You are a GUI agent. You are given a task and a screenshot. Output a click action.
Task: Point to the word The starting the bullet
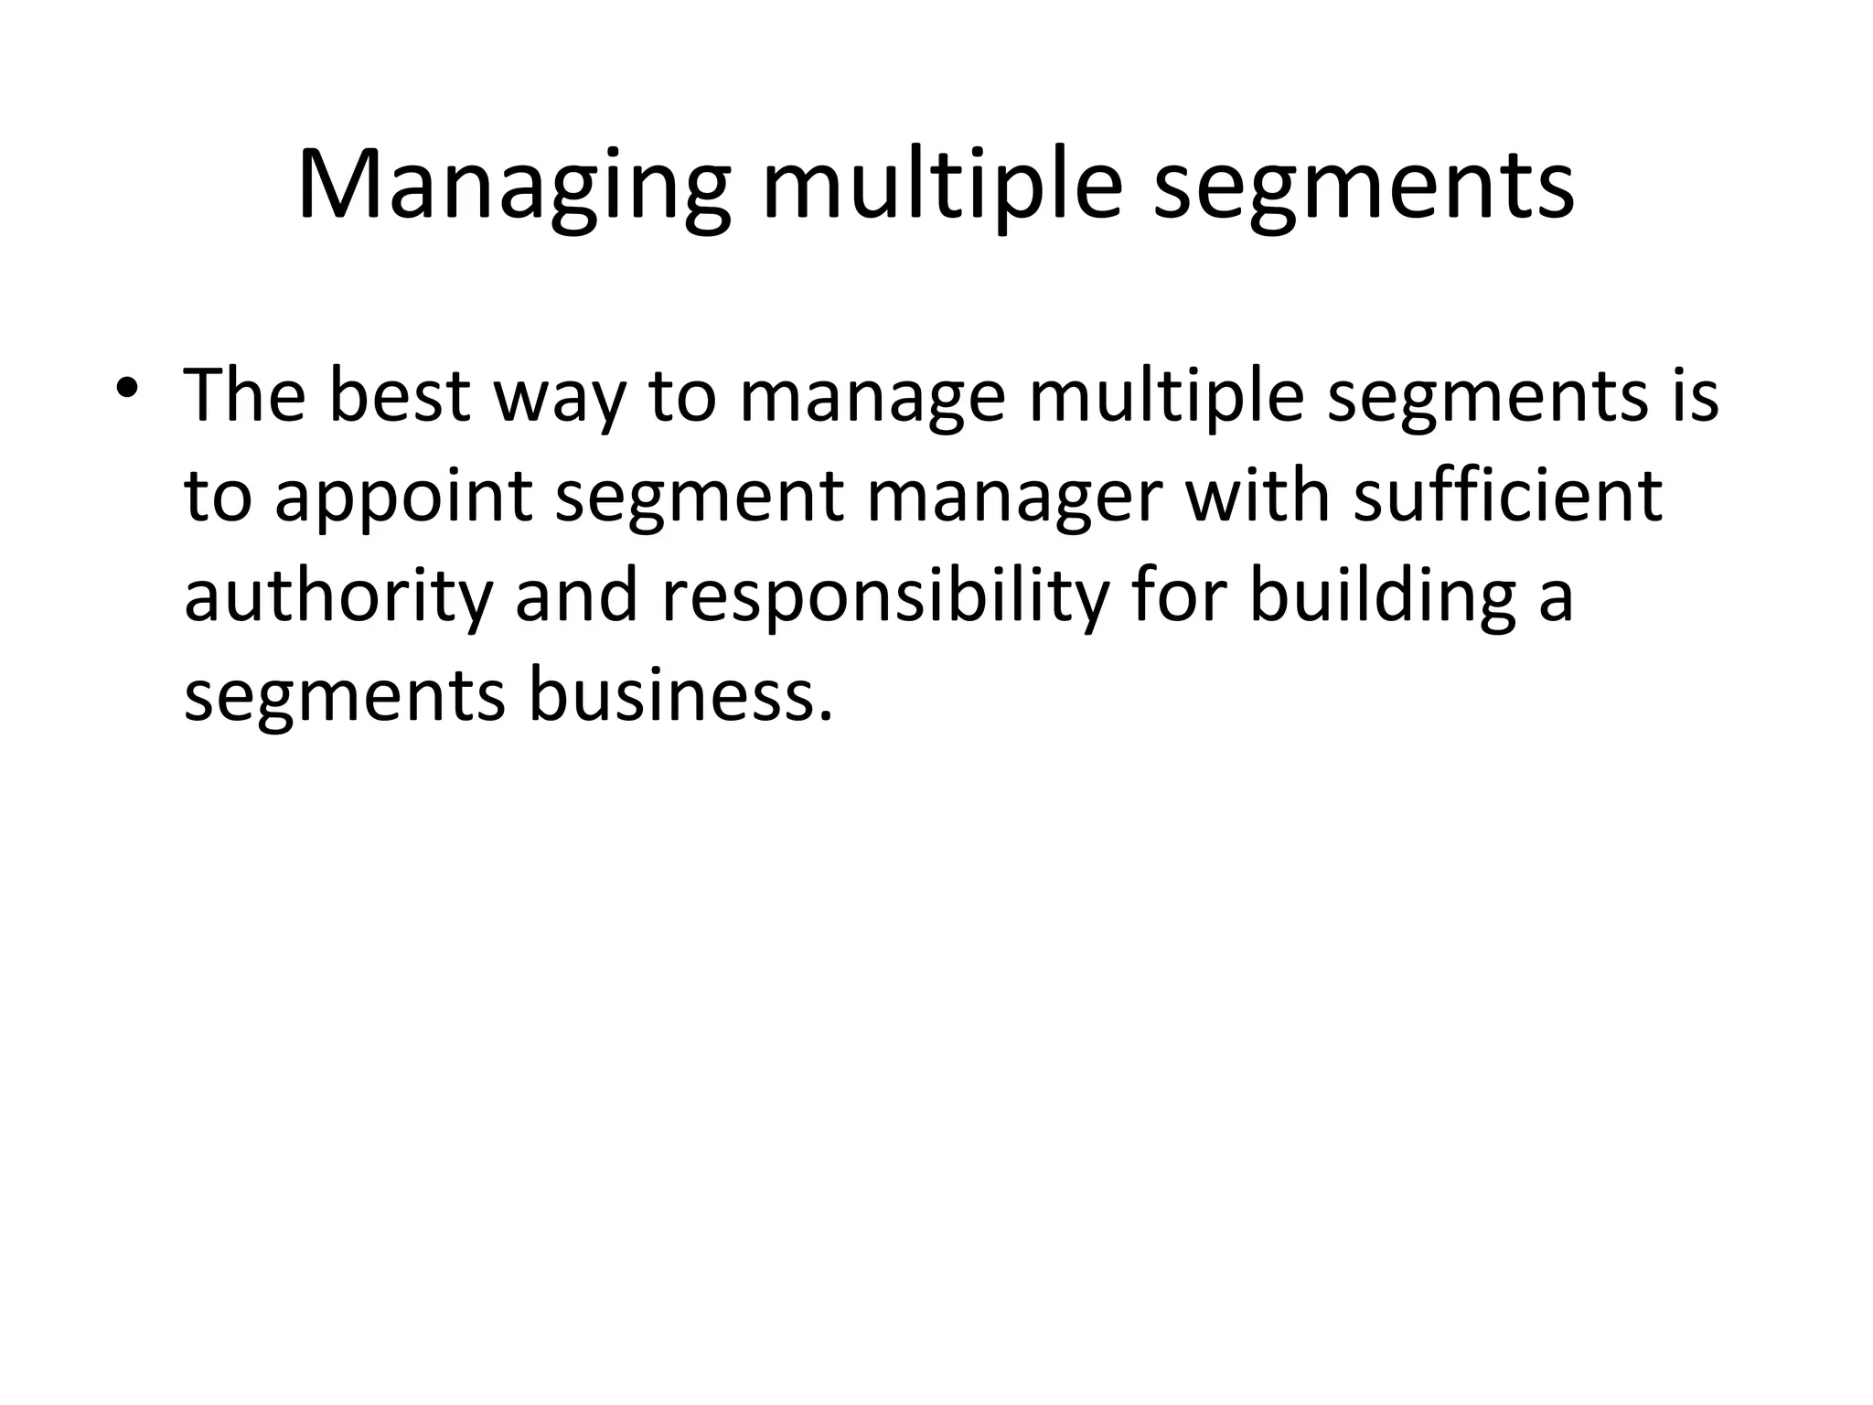coord(245,395)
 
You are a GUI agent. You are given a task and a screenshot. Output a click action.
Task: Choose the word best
coord(400,395)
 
